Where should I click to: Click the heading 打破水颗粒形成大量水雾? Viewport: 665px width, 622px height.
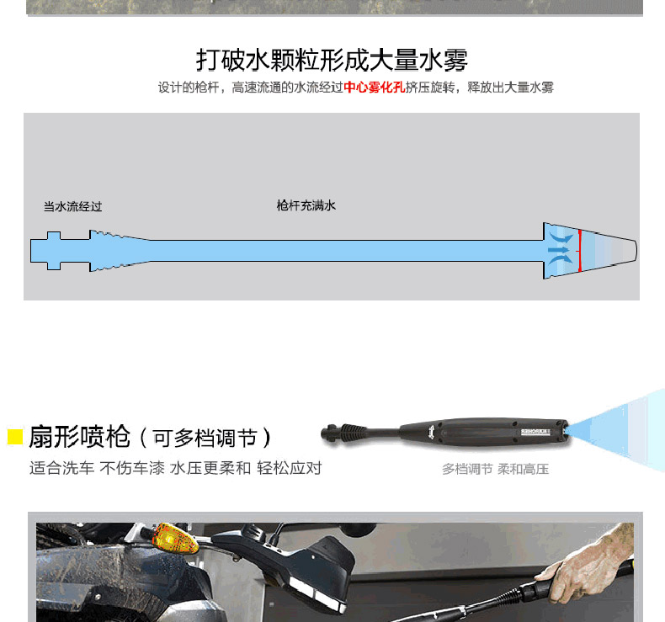pyautogui.click(x=332, y=60)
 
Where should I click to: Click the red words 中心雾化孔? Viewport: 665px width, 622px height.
pyautogui.click(x=374, y=88)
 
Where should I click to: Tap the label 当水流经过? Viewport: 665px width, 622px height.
pyautogui.click(x=73, y=206)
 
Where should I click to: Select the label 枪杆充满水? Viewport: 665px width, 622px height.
pyautogui.click(x=306, y=205)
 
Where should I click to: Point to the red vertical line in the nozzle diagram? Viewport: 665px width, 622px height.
pyautogui.click(x=579, y=251)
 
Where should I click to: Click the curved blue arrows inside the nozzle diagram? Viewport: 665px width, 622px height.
pyautogui.click(x=559, y=249)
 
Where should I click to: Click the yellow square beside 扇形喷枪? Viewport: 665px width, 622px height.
pyautogui.click(x=15, y=437)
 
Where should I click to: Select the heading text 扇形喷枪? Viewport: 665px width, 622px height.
pyautogui.click(x=79, y=436)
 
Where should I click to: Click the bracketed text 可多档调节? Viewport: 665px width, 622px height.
pyautogui.click(x=205, y=438)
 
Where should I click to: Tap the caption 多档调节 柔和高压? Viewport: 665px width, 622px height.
pyautogui.click(x=495, y=469)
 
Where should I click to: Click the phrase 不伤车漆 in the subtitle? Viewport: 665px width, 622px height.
pyautogui.click(x=132, y=468)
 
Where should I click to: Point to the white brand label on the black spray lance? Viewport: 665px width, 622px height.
pyautogui.click(x=535, y=432)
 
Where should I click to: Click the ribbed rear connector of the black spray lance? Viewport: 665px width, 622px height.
pyautogui.click(x=354, y=433)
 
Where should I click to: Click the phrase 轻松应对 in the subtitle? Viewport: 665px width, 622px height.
pyautogui.click(x=290, y=468)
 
